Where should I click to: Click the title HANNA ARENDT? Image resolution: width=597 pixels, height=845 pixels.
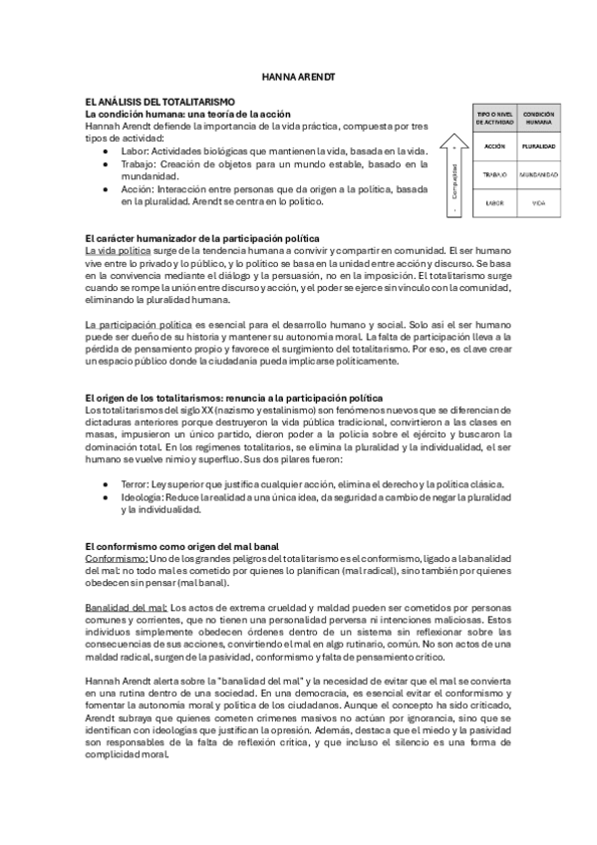[298, 76]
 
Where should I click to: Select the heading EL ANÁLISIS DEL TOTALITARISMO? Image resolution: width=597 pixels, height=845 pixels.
[160, 102]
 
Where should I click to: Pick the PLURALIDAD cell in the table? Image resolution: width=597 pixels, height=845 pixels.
[538, 145]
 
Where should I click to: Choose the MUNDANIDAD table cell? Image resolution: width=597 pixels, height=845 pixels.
[538, 174]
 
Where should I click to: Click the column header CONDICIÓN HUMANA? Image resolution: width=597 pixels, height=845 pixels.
[538, 118]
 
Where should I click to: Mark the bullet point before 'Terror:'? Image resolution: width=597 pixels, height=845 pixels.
[107, 483]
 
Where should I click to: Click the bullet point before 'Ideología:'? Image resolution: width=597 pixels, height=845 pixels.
[107, 496]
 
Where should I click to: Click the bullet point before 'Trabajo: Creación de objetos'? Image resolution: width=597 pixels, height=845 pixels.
[107, 163]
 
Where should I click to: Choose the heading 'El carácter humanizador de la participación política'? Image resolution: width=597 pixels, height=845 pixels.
[202, 237]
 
